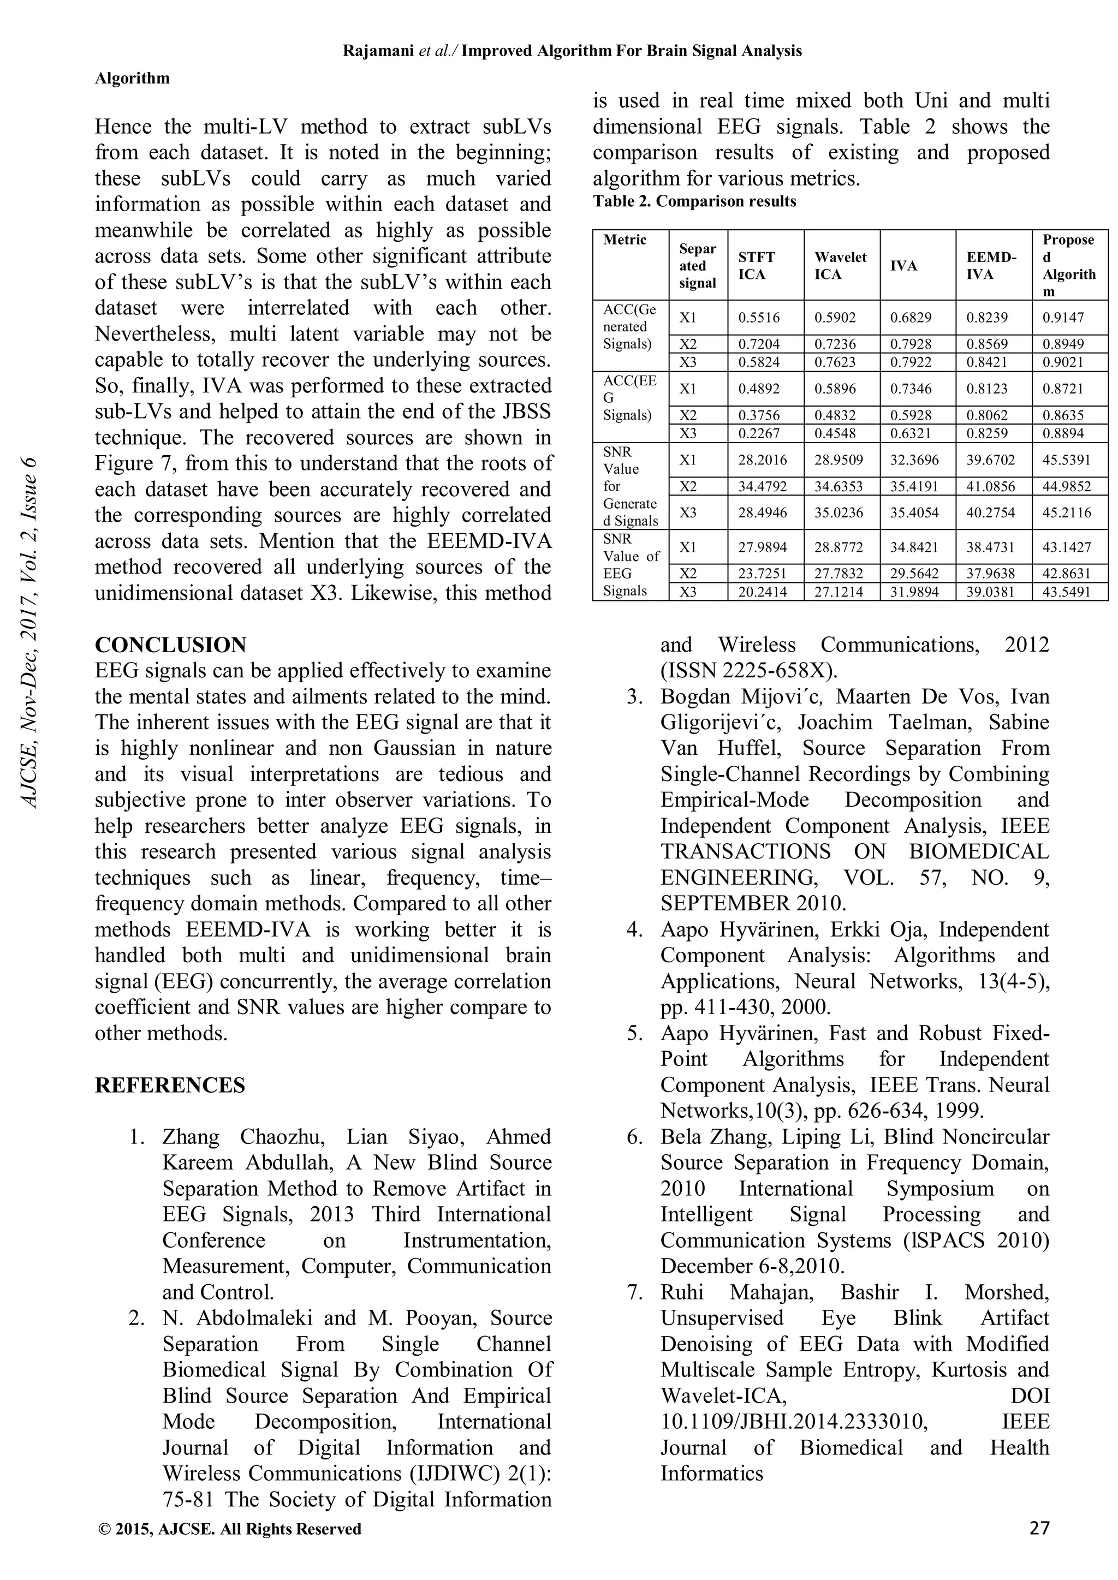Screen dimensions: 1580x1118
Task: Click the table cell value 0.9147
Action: pos(1063,318)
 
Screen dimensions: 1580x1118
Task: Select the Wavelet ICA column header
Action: pos(840,266)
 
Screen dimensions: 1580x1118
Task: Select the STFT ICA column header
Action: pos(757,266)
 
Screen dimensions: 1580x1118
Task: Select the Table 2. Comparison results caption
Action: pos(694,201)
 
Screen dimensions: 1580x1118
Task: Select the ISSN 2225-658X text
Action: pos(748,670)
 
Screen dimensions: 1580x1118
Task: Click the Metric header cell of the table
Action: pos(625,240)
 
